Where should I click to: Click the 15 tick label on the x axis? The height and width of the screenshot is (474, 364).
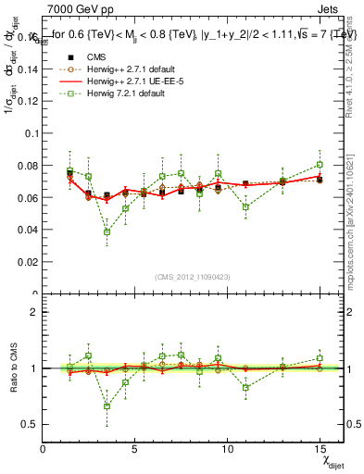click(x=319, y=449)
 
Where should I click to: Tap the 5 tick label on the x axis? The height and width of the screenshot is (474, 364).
click(x=135, y=449)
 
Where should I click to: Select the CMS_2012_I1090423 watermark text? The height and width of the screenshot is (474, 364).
click(x=194, y=278)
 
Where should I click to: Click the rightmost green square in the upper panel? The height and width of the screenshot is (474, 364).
click(x=320, y=165)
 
